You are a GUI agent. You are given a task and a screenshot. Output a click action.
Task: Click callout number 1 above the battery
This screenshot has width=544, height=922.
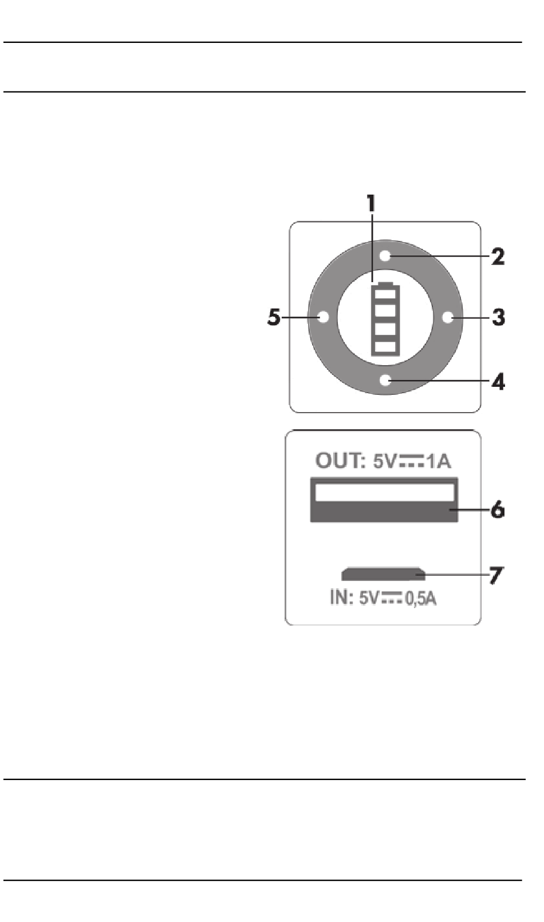(372, 204)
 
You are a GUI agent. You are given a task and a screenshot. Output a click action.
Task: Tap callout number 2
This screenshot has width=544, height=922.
(498, 256)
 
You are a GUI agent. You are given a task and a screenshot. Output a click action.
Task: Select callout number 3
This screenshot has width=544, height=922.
(499, 316)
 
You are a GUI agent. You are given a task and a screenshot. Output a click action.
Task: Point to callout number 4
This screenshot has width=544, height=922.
(499, 381)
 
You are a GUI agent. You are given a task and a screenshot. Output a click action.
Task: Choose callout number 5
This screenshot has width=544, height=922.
(274, 317)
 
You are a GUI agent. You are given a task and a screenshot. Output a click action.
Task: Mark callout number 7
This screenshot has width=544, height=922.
(496, 575)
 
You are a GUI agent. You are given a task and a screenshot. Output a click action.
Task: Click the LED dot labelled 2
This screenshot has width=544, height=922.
(385, 256)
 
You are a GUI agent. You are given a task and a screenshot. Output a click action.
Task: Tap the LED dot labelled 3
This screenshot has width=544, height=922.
(448, 317)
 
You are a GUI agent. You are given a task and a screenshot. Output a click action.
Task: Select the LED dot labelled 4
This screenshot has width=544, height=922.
(385, 379)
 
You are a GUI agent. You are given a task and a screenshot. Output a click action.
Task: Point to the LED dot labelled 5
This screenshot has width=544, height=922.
(323, 317)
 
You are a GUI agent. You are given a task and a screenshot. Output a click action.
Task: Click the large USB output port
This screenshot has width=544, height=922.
(384, 500)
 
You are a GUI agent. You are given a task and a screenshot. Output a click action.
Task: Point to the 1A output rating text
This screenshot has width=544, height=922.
(439, 461)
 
